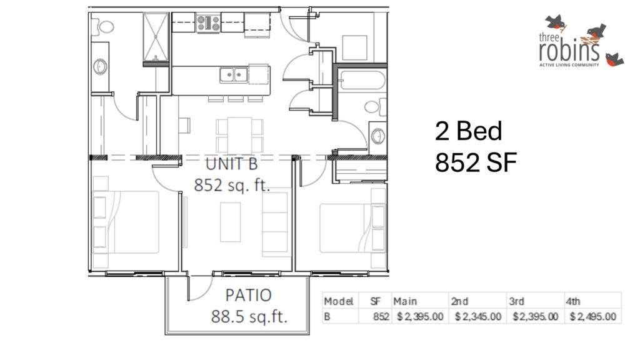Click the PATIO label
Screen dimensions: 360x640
point(248,294)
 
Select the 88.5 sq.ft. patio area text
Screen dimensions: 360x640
point(249,316)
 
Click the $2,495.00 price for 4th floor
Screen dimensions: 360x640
point(593,316)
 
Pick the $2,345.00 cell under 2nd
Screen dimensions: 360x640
point(478,316)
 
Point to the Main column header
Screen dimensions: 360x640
point(405,301)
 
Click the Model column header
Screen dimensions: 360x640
point(339,301)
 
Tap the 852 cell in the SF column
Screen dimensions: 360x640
point(381,316)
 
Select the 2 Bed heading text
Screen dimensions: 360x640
point(468,131)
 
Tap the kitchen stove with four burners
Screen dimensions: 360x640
point(208,24)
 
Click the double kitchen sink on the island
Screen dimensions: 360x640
point(234,75)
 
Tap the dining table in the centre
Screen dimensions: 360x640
point(239,132)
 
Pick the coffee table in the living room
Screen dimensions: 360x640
point(230,221)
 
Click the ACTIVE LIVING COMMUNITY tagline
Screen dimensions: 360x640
point(569,64)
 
